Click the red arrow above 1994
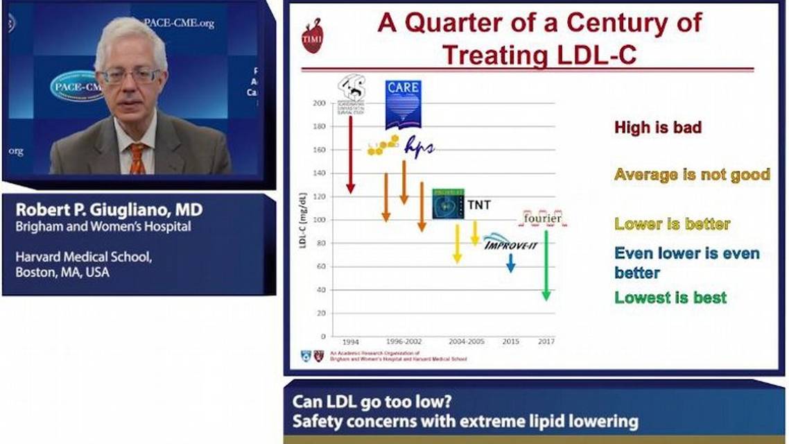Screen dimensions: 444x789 tap(350, 154)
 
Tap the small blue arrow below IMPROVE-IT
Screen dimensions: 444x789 tap(510, 263)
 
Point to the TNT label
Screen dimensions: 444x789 tap(478, 205)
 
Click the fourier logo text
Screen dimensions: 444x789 tap(542, 219)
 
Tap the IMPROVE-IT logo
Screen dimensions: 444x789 tap(510, 243)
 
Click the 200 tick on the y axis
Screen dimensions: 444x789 tap(319, 103)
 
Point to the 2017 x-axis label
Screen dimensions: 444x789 tap(546, 341)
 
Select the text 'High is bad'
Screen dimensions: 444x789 tap(657, 128)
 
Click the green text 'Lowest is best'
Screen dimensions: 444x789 tap(670, 298)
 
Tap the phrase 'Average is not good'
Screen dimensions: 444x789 tap(692, 174)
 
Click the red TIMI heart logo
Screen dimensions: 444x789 tap(312, 38)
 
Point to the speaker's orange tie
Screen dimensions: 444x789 tap(137, 159)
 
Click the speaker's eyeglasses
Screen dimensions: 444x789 tap(130, 75)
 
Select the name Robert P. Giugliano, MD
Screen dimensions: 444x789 tap(109, 210)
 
